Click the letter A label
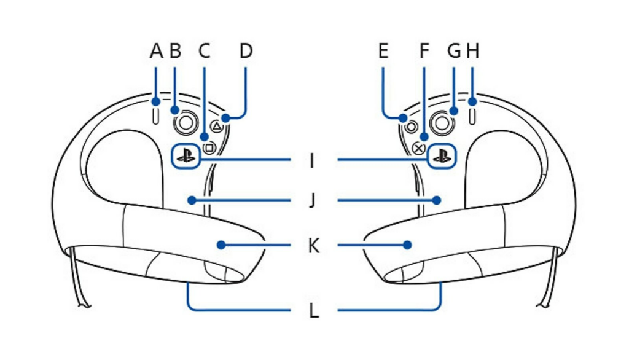pos(156,51)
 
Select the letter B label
pos(175,51)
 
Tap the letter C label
pos(204,51)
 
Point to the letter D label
pos(246,51)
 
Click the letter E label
pos(383,51)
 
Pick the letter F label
pos(424,51)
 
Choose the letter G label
pos(454,51)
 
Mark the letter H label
pos(472,51)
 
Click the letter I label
pos(313,162)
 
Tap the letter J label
pos(313,201)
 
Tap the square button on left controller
pos(209,147)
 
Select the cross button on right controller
pos(419,147)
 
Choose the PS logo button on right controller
pos(441,155)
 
